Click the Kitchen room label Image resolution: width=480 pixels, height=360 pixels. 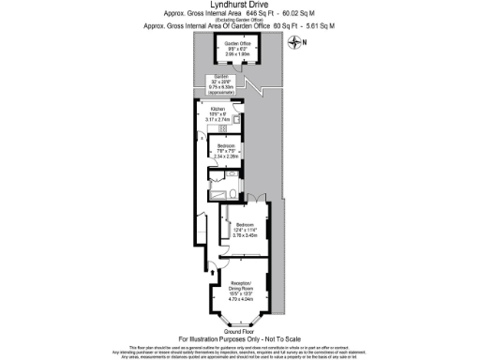point(217,110)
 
